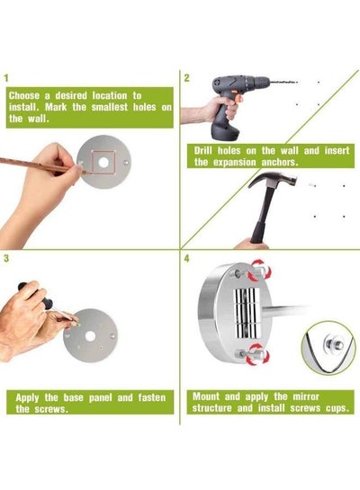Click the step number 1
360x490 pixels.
coord(6,78)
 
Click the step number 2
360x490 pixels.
coord(186,78)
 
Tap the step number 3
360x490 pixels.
coord(6,258)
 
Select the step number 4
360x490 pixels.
coord(186,258)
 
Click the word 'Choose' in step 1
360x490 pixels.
coord(24,95)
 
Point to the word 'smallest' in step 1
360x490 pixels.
coord(110,107)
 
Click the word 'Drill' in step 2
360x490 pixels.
coord(203,151)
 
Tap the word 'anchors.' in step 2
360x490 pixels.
coord(280,162)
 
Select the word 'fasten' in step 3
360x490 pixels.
coord(152,397)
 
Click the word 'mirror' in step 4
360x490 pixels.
coord(306,396)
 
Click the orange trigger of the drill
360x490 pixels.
coord(238,100)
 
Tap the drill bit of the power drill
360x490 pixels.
coord(283,83)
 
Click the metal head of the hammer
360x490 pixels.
coord(273,180)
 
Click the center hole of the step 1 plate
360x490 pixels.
coord(103,163)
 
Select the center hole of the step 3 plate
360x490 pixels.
coord(90,336)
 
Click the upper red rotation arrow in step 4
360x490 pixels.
coord(259,270)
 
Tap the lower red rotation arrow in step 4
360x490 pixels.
coord(258,354)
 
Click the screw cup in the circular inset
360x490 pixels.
coord(335,344)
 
